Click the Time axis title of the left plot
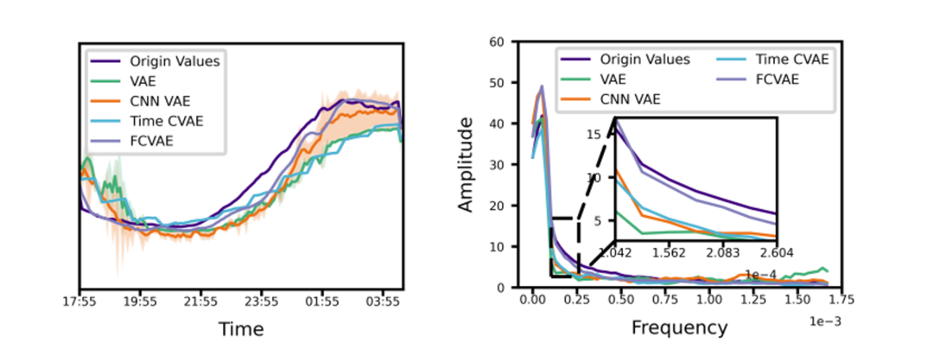(x=240, y=330)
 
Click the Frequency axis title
(x=679, y=328)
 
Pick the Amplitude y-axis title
(x=466, y=165)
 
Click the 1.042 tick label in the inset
(x=616, y=252)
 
